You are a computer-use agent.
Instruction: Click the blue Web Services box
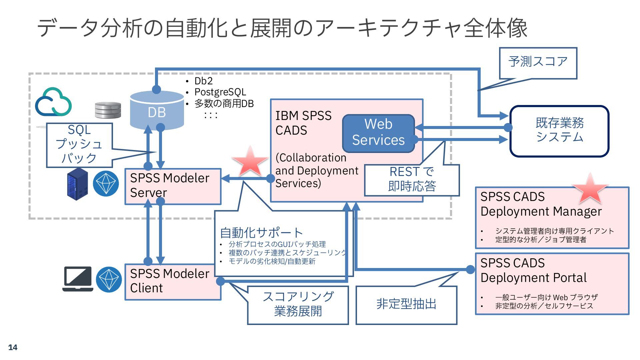[x=378, y=133]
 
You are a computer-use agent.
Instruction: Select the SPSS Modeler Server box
[x=173, y=186]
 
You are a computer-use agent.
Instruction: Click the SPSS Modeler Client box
[x=173, y=282]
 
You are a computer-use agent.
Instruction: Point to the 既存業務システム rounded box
[x=559, y=131]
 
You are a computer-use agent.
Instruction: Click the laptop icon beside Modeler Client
[x=78, y=279]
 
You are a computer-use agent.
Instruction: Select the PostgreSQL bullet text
[x=220, y=92]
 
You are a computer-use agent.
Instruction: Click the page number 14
[x=13, y=347]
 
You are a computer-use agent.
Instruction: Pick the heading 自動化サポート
[x=261, y=232]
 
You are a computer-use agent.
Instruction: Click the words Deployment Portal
[x=533, y=278]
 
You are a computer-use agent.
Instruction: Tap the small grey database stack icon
[x=108, y=110]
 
